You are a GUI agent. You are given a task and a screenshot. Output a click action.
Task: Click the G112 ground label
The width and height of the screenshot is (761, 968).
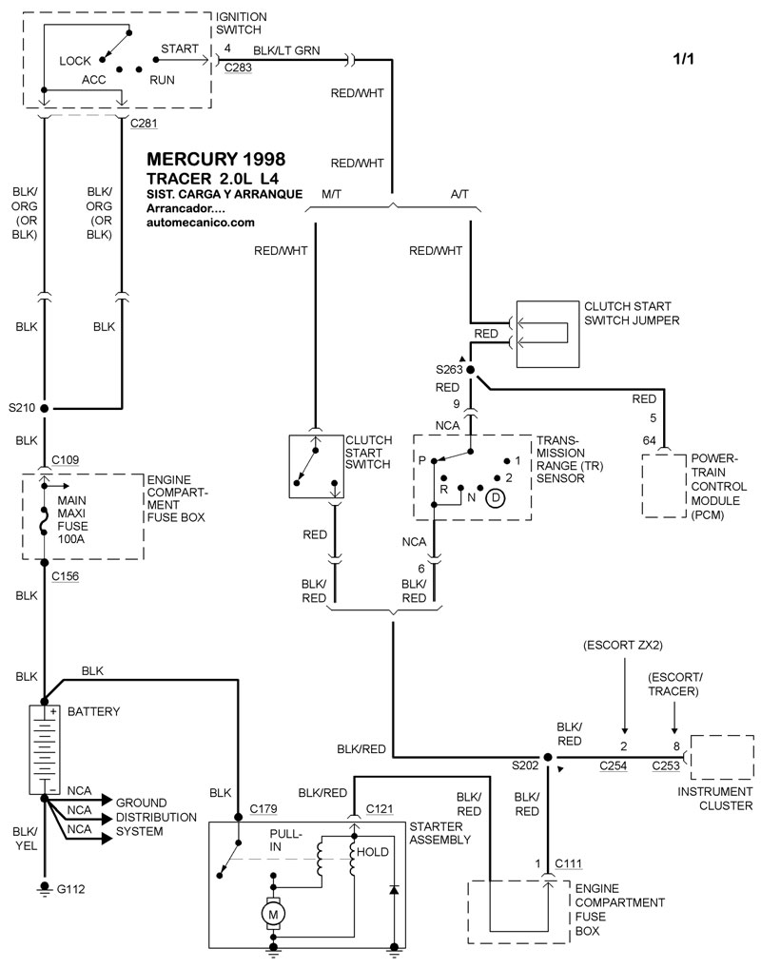click(71, 889)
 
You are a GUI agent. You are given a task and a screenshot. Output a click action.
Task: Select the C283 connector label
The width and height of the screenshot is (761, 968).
click(237, 68)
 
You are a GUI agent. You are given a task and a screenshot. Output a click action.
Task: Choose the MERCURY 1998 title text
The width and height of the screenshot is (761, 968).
click(216, 159)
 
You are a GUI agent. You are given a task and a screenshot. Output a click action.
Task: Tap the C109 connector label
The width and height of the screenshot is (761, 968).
click(67, 460)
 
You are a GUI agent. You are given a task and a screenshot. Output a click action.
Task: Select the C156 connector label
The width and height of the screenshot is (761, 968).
click(67, 576)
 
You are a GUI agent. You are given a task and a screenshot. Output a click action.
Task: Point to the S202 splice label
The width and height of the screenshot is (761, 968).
click(526, 764)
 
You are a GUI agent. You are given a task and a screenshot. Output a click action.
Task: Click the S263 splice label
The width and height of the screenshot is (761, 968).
click(449, 369)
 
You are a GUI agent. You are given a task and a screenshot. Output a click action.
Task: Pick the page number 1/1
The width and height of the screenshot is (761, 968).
click(685, 59)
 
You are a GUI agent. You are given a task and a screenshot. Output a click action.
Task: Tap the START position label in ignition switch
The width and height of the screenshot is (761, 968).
click(179, 48)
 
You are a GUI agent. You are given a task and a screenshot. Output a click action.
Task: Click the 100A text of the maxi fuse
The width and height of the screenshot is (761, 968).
click(71, 538)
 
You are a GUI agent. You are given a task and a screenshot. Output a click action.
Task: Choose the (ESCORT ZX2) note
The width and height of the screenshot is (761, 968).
click(623, 647)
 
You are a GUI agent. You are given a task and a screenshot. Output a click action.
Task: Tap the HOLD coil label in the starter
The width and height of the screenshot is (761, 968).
click(373, 852)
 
